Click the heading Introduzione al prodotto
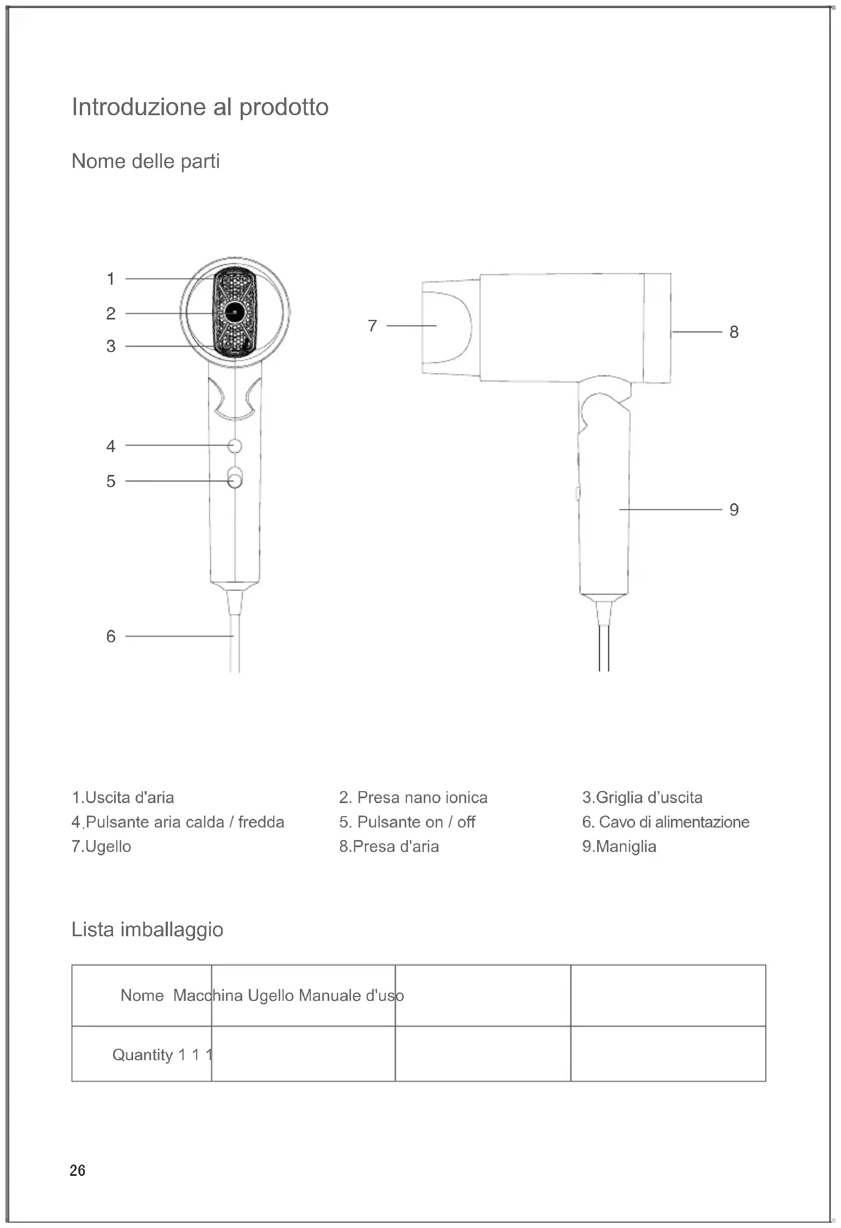pyautogui.click(x=200, y=107)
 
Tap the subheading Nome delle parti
pyautogui.click(x=146, y=161)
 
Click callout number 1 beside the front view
pyautogui.click(x=111, y=279)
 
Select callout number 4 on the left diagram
pyautogui.click(x=111, y=446)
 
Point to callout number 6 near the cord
pyautogui.click(x=111, y=636)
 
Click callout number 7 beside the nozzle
pyautogui.click(x=372, y=326)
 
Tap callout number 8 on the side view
pyautogui.click(x=734, y=332)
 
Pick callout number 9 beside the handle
pyautogui.click(x=734, y=510)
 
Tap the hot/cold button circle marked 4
pyautogui.click(x=235, y=446)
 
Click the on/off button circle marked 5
pyautogui.click(x=235, y=481)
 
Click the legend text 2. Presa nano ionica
pyautogui.click(x=413, y=798)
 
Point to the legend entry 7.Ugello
pyautogui.click(x=102, y=847)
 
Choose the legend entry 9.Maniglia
pyautogui.click(x=619, y=847)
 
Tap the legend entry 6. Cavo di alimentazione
pyautogui.click(x=666, y=822)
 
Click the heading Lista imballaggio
pyautogui.click(x=147, y=930)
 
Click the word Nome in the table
pyautogui.click(x=142, y=995)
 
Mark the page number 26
pyautogui.click(x=78, y=1170)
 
